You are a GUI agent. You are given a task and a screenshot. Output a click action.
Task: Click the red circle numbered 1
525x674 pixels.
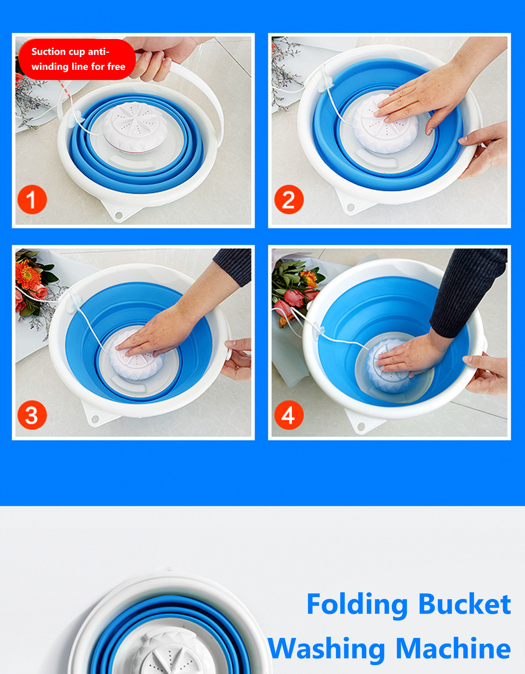coord(32,199)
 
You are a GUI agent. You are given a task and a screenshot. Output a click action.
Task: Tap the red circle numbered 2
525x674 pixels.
coord(289,199)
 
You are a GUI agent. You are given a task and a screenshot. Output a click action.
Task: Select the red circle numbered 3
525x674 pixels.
coord(32,415)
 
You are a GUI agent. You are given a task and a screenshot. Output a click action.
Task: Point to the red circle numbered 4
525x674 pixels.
coord(289,415)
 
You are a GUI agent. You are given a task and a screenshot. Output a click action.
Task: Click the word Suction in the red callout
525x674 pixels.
coord(49,51)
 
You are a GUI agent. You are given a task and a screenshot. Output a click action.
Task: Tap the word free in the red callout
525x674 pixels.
coord(116,67)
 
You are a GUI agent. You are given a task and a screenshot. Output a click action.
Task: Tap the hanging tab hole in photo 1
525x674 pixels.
coord(119,215)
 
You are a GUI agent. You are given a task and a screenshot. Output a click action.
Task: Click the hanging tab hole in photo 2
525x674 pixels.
coord(350,207)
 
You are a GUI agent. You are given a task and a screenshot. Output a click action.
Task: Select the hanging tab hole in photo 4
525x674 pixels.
coord(361,426)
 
